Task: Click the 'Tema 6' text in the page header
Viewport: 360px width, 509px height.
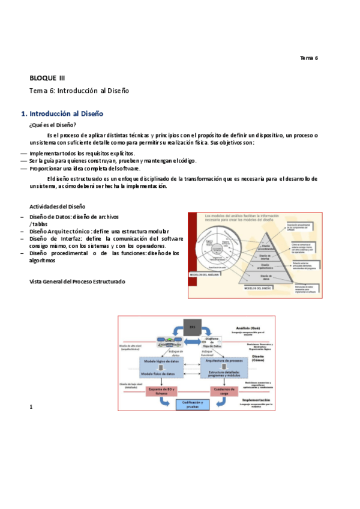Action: pyautogui.click(x=308, y=58)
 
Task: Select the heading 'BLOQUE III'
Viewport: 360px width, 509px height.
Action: pyautogui.click(x=47, y=78)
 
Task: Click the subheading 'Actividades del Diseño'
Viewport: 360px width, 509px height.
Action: pyautogui.click(x=58, y=206)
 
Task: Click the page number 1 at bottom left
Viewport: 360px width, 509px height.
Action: pyautogui.click(x=31, y=391)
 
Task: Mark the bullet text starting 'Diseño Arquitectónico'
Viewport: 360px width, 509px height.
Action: pyautogui.click(x=99, y=231)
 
